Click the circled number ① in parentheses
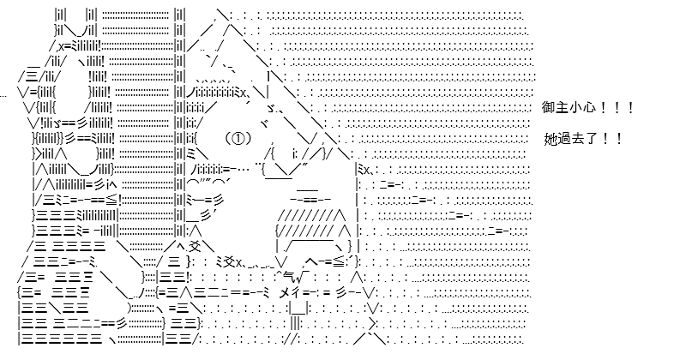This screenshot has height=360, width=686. tap(238, 139)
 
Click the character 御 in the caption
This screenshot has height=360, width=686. tap(548, 108)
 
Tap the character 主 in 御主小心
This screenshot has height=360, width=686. tap(562, 108)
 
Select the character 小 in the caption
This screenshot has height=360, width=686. tap(575, 108)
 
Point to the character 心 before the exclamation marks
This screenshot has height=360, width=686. tap(587, 108)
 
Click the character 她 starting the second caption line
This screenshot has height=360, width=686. tap(551, 139)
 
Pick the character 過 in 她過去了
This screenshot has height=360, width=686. tap(564, 139)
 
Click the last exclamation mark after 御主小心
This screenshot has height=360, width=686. tap(630, 108)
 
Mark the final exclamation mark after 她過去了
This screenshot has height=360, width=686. tap(618, 139)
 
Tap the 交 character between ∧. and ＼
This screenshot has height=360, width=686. tap(196, 246)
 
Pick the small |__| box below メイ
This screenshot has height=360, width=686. tap(298, 308)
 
